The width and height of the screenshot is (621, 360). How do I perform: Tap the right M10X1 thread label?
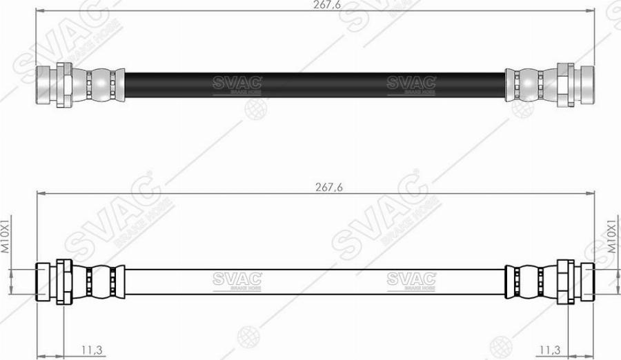tap(611, 237)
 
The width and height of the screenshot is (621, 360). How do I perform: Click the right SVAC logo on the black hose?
tap(411, 83)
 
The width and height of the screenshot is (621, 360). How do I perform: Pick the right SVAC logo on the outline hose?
tap(411, 279)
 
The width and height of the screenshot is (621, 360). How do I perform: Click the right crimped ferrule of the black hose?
tap(527, 83)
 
